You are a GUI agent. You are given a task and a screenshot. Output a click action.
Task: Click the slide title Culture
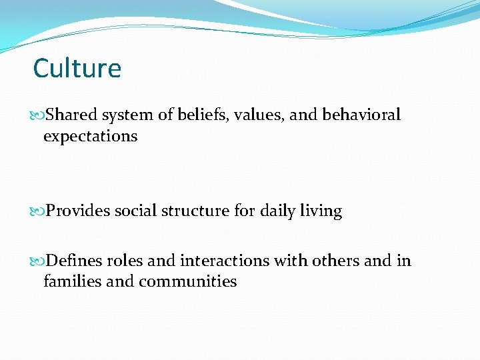point(77,68)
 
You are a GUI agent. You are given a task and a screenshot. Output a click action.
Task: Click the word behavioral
point(361,115)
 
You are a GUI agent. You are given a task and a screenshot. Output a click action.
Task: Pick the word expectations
point(90,137)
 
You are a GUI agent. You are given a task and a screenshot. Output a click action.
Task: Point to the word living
point(321,211)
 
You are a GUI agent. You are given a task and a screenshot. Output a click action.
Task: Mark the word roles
point(124,260)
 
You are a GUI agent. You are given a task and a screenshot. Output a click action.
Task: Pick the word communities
point(187,281)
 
